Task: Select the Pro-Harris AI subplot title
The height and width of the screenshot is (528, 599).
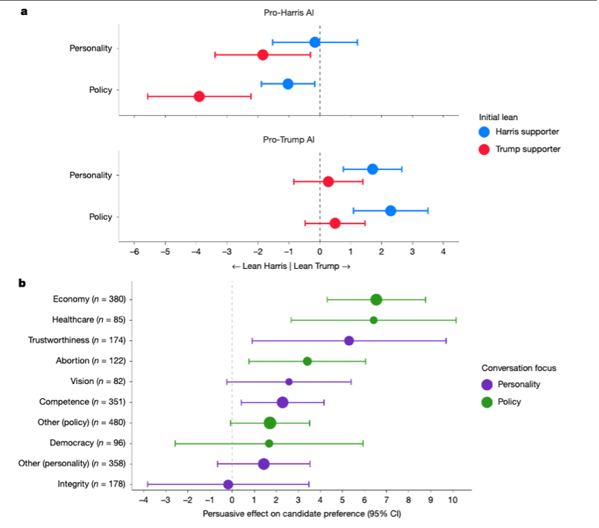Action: click(289, 13)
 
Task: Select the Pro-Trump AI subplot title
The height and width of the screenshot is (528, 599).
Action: click(289, 140)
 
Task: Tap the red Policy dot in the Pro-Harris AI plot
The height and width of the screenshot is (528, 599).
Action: click(199, 96)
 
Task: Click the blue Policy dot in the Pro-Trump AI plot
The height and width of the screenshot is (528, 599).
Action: click(390, 211)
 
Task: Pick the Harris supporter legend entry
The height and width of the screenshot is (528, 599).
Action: click(519, 131)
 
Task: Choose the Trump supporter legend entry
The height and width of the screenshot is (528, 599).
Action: click(519, 149)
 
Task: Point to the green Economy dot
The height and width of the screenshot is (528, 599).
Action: click(376, 299)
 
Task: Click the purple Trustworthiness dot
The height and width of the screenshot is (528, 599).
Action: click(349, 341)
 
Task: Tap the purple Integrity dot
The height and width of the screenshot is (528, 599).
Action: click(228, 485)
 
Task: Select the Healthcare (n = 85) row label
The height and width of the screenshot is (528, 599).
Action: click(92, 320)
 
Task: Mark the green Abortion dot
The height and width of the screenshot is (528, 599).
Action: click(307, 361)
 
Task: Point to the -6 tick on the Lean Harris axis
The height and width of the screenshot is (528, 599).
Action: click(134, 252)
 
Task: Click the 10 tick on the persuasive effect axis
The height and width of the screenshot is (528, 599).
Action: click(453, 501)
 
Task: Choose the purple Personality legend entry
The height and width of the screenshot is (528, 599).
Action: click(512, 384)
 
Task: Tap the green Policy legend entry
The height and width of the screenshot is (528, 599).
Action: click(503, 402)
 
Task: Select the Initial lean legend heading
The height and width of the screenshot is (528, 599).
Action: click(502, 117)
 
